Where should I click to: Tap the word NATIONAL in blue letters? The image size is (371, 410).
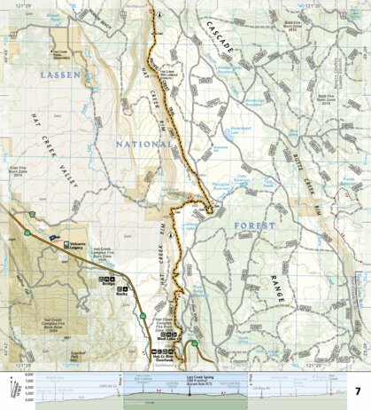click(146, 142)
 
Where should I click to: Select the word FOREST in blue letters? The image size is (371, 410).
click(255, 227)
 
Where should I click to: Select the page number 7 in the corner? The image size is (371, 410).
click(359, 391)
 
